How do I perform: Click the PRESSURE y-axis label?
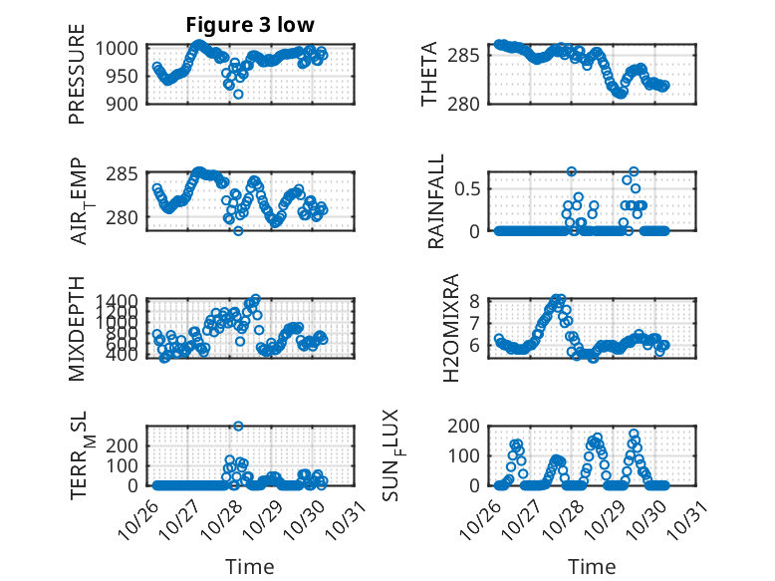77,80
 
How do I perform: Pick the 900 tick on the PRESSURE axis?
129,103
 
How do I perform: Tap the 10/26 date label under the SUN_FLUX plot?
485,518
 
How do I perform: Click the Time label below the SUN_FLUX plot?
592,567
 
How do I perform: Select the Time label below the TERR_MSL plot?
249,567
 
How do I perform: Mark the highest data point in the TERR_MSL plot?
238,427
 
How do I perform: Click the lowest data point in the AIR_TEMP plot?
238,231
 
